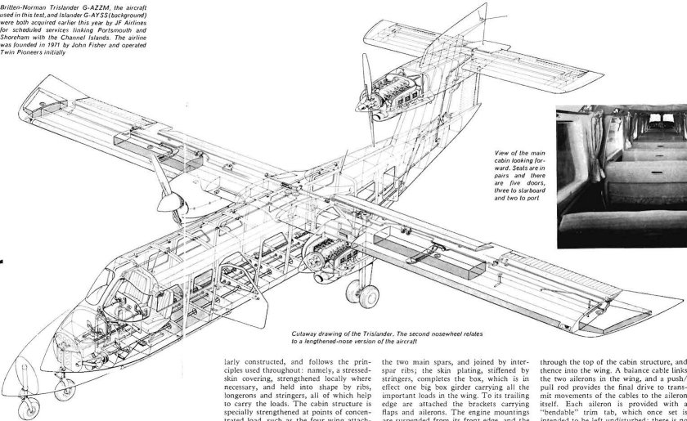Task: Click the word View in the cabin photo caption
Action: pos(505,153)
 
